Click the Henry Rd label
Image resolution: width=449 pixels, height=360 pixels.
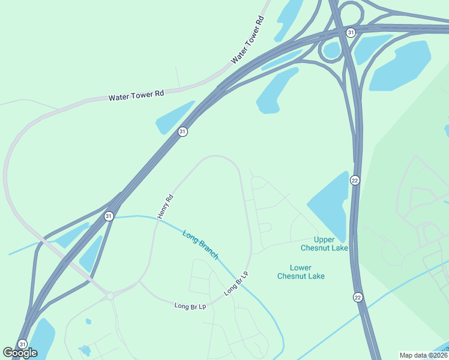[165, 206]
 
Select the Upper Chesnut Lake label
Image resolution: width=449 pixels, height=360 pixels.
[324, 244]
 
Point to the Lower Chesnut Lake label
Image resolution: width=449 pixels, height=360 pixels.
[301, 272]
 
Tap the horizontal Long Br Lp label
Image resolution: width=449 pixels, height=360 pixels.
[190, 305]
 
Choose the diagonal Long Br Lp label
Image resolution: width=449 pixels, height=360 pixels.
[236, 283]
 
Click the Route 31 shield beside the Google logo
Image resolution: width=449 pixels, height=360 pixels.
[22, 344]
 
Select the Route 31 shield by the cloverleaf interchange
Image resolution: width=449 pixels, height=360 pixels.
[351, 32]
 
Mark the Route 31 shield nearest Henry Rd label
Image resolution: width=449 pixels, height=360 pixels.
[109, 216]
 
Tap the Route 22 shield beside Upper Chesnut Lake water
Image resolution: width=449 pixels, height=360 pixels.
[355, 180]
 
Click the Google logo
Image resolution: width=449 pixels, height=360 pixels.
[20, 353]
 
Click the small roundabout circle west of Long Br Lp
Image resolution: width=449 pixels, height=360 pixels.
[110, 295]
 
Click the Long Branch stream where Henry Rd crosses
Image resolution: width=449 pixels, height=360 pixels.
[157, 220]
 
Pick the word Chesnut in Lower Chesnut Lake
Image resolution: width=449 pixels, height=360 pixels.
[301, 276]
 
